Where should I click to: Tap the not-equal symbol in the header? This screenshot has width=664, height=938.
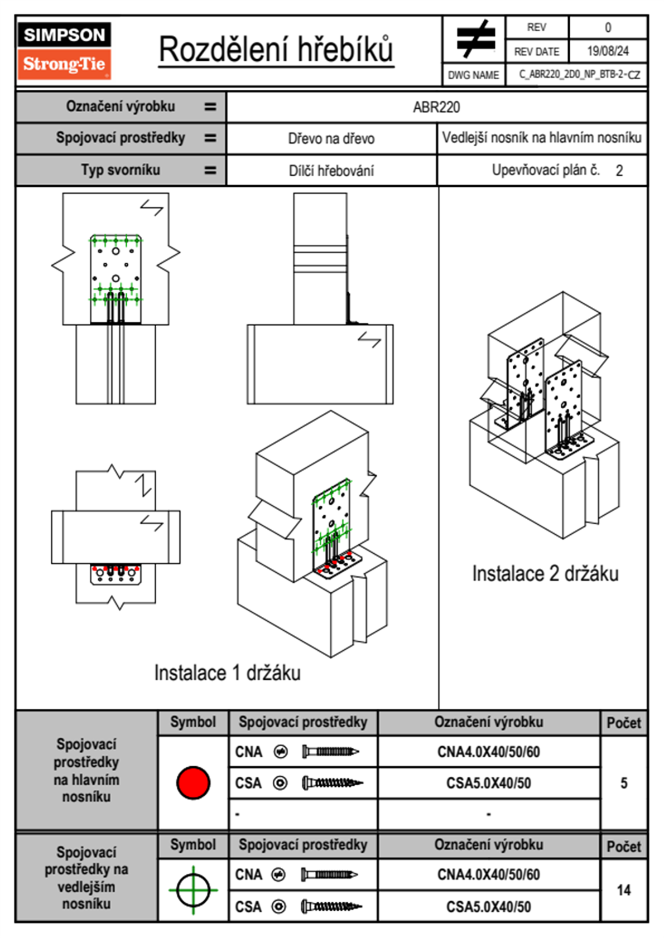pos(474,39)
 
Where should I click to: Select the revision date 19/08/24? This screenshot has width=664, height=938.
pos(608,51)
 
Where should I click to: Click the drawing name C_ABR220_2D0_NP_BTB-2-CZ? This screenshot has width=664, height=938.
pos(579,75)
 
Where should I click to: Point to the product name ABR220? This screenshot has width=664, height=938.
pos(436,107)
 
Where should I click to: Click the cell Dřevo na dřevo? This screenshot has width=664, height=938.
pos(331,139)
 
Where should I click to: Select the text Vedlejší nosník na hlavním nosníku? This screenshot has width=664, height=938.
pos(542,138)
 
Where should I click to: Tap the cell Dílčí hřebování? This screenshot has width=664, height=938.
pos(331,171)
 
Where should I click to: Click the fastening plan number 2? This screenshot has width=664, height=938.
pos(619,171)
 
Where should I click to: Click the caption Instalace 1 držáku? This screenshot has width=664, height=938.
pos(227,673)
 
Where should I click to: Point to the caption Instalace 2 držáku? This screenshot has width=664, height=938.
pos(545,574)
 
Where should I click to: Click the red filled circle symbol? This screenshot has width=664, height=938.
pos(193,782)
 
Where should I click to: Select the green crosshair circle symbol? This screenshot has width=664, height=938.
pos(193,890)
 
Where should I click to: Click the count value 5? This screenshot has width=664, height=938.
pos(624,783)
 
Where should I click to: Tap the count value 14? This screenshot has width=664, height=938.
pos(624,890)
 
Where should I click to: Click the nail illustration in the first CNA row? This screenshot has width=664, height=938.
pos(330,752)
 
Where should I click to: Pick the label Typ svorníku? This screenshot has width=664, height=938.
pos(121,170)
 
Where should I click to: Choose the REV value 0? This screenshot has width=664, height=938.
pos(608,27)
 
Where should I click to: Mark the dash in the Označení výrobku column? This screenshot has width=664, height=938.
pos(488,814)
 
